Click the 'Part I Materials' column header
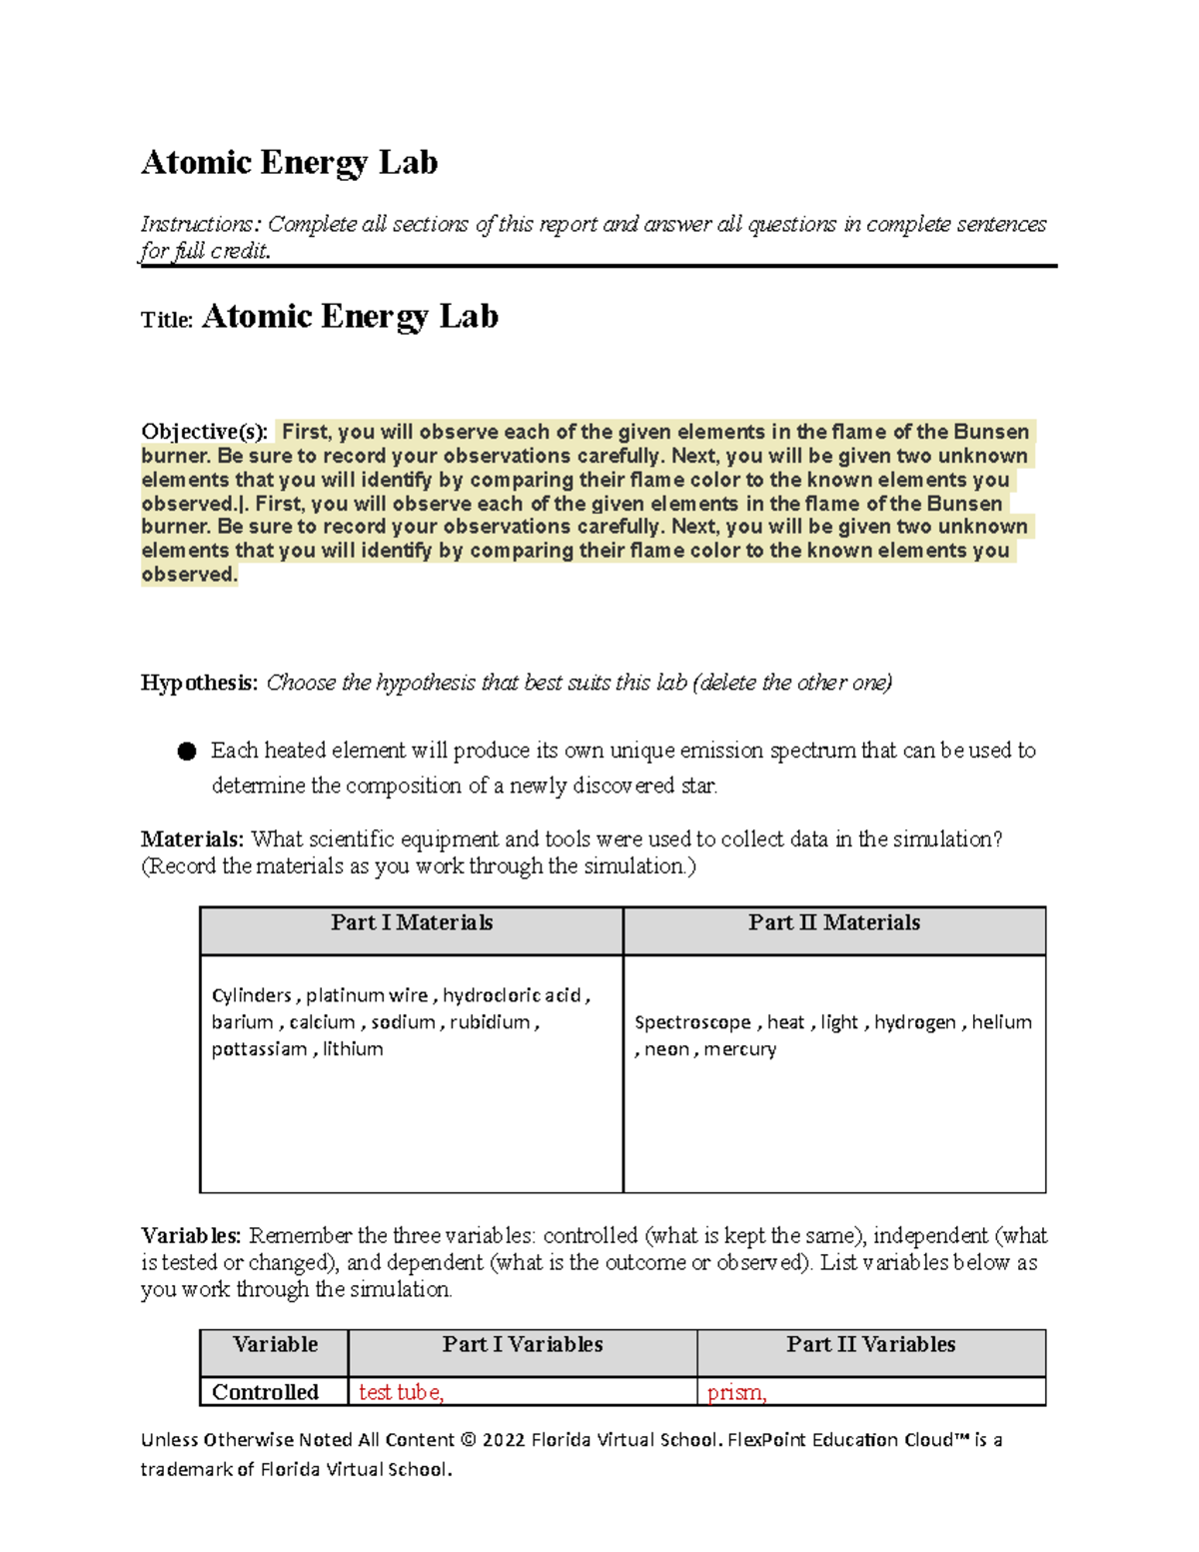point(412,922)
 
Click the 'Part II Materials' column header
point(834,922)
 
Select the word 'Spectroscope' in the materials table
point(692,1022)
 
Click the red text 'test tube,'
point(401,1392)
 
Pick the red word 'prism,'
point(736,1392)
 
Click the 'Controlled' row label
point(265,1392)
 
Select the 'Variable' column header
point(275,1344)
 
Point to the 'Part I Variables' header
point(523,1344)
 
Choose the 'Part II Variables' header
point(870,1344)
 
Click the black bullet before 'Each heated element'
point(187,752)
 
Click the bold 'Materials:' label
point(192,839)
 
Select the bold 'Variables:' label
point(191,1235)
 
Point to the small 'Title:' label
point(166,320)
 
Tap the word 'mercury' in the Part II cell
point(739,1049)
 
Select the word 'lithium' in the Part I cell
point(353,1049)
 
